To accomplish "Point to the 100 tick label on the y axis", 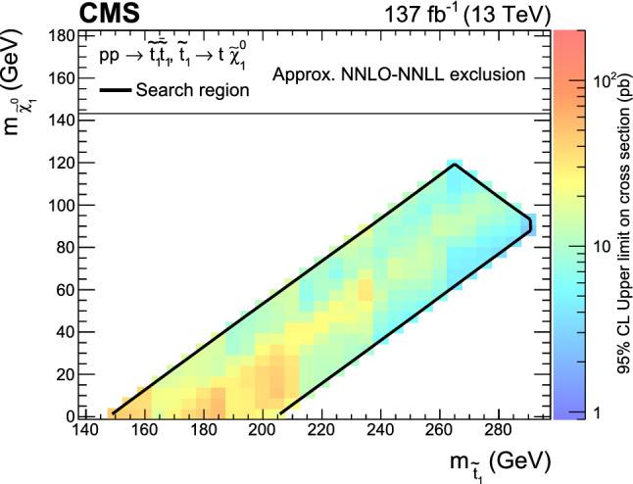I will click(60, 205).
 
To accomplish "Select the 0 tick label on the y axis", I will click(68, 415).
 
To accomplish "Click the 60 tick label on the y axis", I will click(64, 289).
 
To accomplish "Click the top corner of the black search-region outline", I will click(456, 165).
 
